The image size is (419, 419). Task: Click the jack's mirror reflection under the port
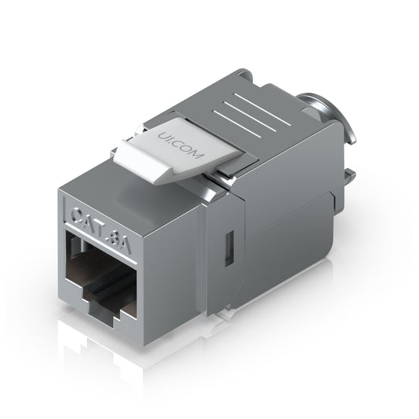(118, 362)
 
